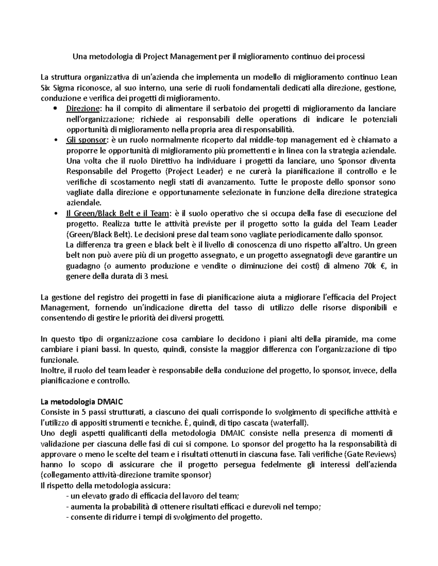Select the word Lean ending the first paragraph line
click(x=389, y=77)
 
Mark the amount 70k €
click(x=376, y=266)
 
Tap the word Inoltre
click(x=53, y=371)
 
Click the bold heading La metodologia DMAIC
click(x=82, y=402)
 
